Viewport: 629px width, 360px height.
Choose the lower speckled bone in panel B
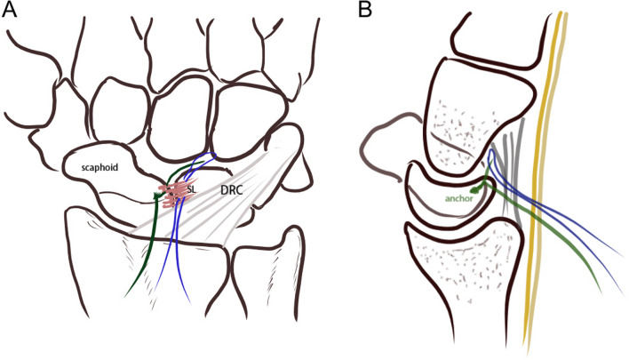[x=462, y=267]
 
